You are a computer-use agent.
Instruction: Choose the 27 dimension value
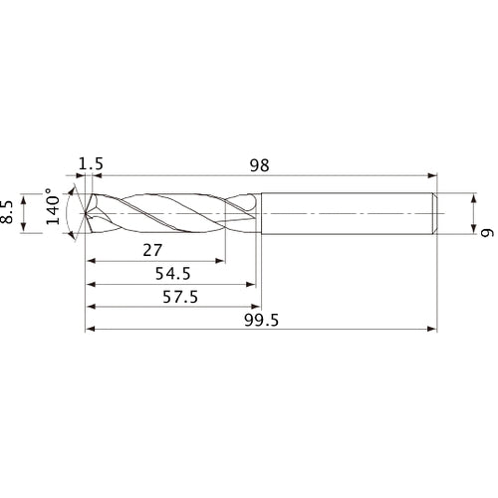[152, 250]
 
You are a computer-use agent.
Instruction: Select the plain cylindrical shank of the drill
[349, 212]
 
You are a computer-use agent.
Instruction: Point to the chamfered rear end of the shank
[436, 212]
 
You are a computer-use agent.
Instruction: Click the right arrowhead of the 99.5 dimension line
[434, 327]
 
